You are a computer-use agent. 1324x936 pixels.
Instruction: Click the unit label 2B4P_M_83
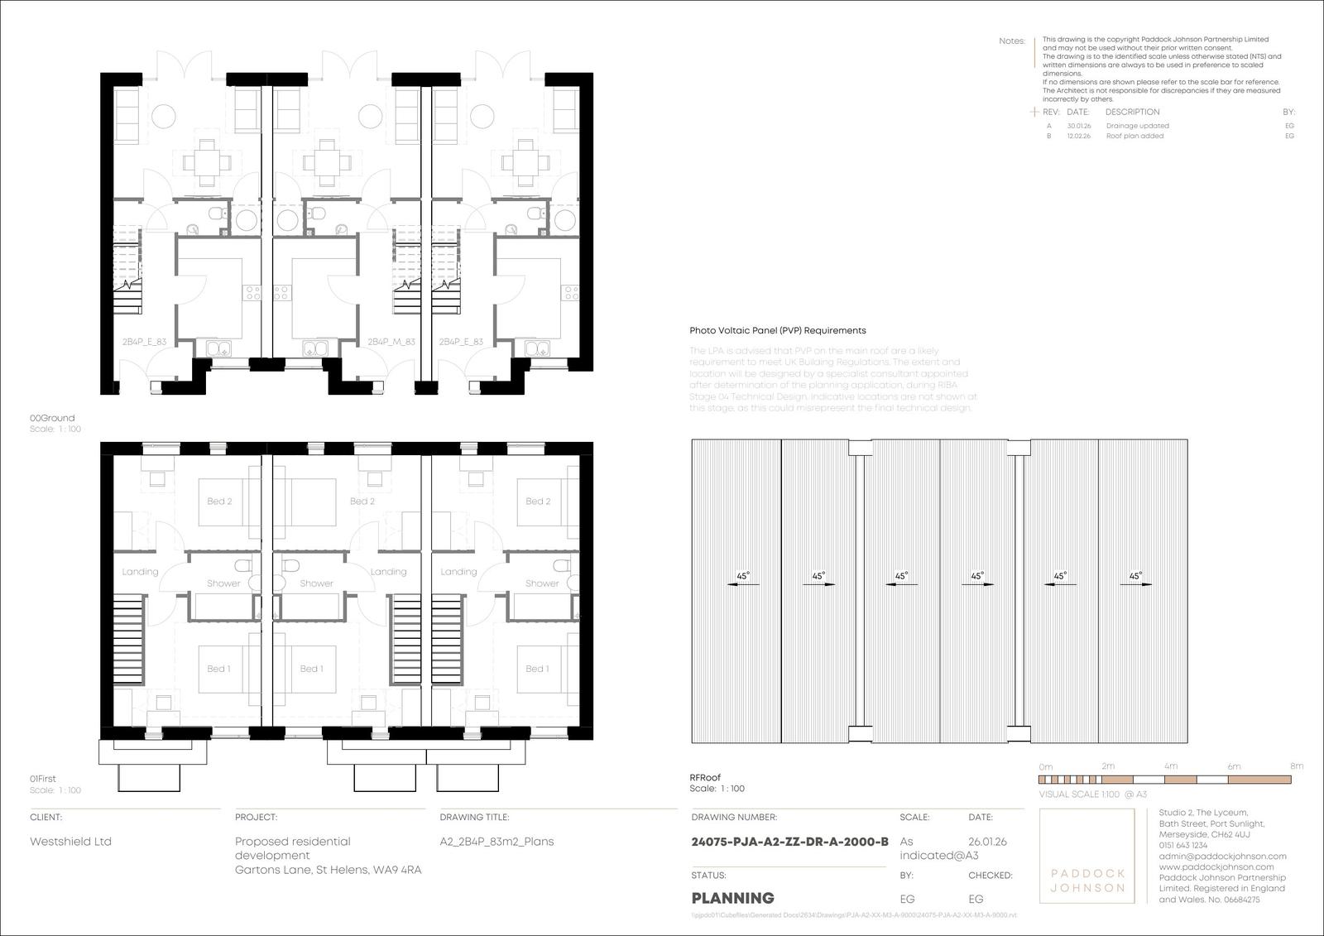[391, 341]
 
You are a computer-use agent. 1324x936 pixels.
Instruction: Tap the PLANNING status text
[732, 898]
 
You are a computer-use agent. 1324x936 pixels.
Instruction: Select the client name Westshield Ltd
[70, 842]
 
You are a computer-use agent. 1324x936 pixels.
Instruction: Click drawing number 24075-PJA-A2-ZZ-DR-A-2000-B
[789, 842]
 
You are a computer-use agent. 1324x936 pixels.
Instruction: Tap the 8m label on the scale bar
[1296, 766]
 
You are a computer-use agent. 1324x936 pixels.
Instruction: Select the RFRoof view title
[705, 777]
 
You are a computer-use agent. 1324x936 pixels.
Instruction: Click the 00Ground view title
[52, 418]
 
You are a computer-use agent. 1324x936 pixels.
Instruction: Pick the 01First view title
[43, 779]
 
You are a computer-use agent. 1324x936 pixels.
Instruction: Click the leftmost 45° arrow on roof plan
[742, 581]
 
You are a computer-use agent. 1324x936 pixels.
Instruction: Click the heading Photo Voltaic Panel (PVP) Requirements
[778, 330]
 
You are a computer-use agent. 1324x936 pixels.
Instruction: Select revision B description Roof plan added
[1135, 136]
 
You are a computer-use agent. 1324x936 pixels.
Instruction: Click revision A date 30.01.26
[1078, 126]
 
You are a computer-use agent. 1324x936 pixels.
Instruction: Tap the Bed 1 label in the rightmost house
[537, 669]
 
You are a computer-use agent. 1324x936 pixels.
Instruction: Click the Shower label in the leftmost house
[223, 583]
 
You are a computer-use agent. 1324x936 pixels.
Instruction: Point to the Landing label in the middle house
[388, 572]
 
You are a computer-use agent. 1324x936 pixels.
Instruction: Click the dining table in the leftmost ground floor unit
[207, 161]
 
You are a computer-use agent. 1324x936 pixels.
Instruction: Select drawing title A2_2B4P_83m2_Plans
[496, 842]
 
